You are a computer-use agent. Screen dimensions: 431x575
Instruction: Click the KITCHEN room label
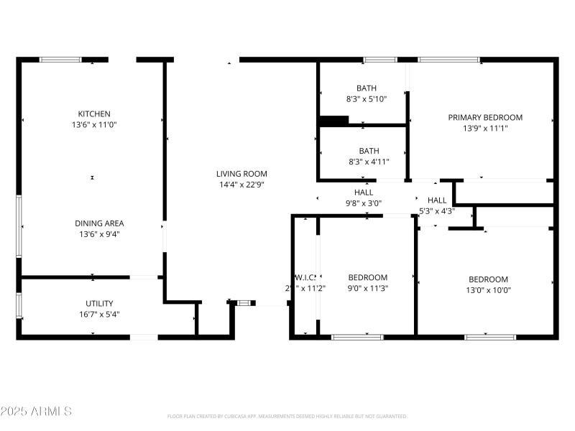point(94,113)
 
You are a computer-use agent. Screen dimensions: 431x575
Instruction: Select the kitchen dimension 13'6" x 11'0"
point(94,124)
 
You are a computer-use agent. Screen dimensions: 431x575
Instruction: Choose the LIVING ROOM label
point(241,173)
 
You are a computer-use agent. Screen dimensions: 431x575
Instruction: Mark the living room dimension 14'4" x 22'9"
point(241,184)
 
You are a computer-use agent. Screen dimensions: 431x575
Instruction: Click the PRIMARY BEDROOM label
point(485,117)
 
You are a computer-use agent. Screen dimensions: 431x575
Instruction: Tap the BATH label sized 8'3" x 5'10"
point(367,88)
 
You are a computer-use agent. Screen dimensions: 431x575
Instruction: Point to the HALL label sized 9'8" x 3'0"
point(363,193)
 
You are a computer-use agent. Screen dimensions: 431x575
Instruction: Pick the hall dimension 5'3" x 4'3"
point(436,211)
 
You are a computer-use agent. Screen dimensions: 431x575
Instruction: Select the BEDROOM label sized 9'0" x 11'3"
point(368,277)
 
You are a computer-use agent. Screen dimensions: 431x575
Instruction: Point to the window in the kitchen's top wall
point(60,60)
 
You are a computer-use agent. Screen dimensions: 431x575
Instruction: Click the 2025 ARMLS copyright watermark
point(36,412)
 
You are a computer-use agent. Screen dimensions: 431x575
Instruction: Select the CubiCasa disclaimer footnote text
point(287,416)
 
